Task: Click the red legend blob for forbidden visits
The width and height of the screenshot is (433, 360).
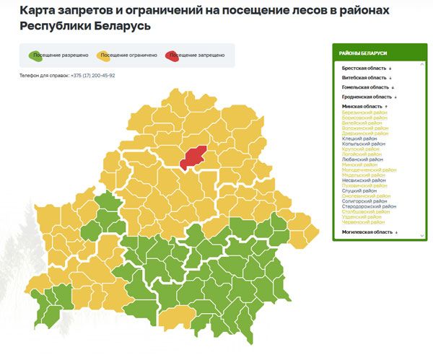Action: click(174, 55)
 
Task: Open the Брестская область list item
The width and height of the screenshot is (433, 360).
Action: click(364, 68)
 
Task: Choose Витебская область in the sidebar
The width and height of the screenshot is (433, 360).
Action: click(364, 77)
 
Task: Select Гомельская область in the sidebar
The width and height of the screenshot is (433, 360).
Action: click(366, 87)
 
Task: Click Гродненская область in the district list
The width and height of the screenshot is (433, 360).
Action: click(367, 97)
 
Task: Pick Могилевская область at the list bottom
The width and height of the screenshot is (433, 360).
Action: click(367, 232)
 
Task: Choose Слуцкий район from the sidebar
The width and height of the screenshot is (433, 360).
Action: click(359, 190)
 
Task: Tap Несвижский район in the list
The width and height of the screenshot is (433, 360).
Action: click(363, 180)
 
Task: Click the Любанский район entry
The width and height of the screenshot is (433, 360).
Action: click(362, 159)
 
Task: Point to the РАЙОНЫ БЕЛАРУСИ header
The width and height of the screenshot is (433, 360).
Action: click(364, 54)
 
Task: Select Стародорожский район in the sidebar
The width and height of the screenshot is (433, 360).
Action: click(369, 206)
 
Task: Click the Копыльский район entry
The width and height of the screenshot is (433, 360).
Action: click(363, 144)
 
